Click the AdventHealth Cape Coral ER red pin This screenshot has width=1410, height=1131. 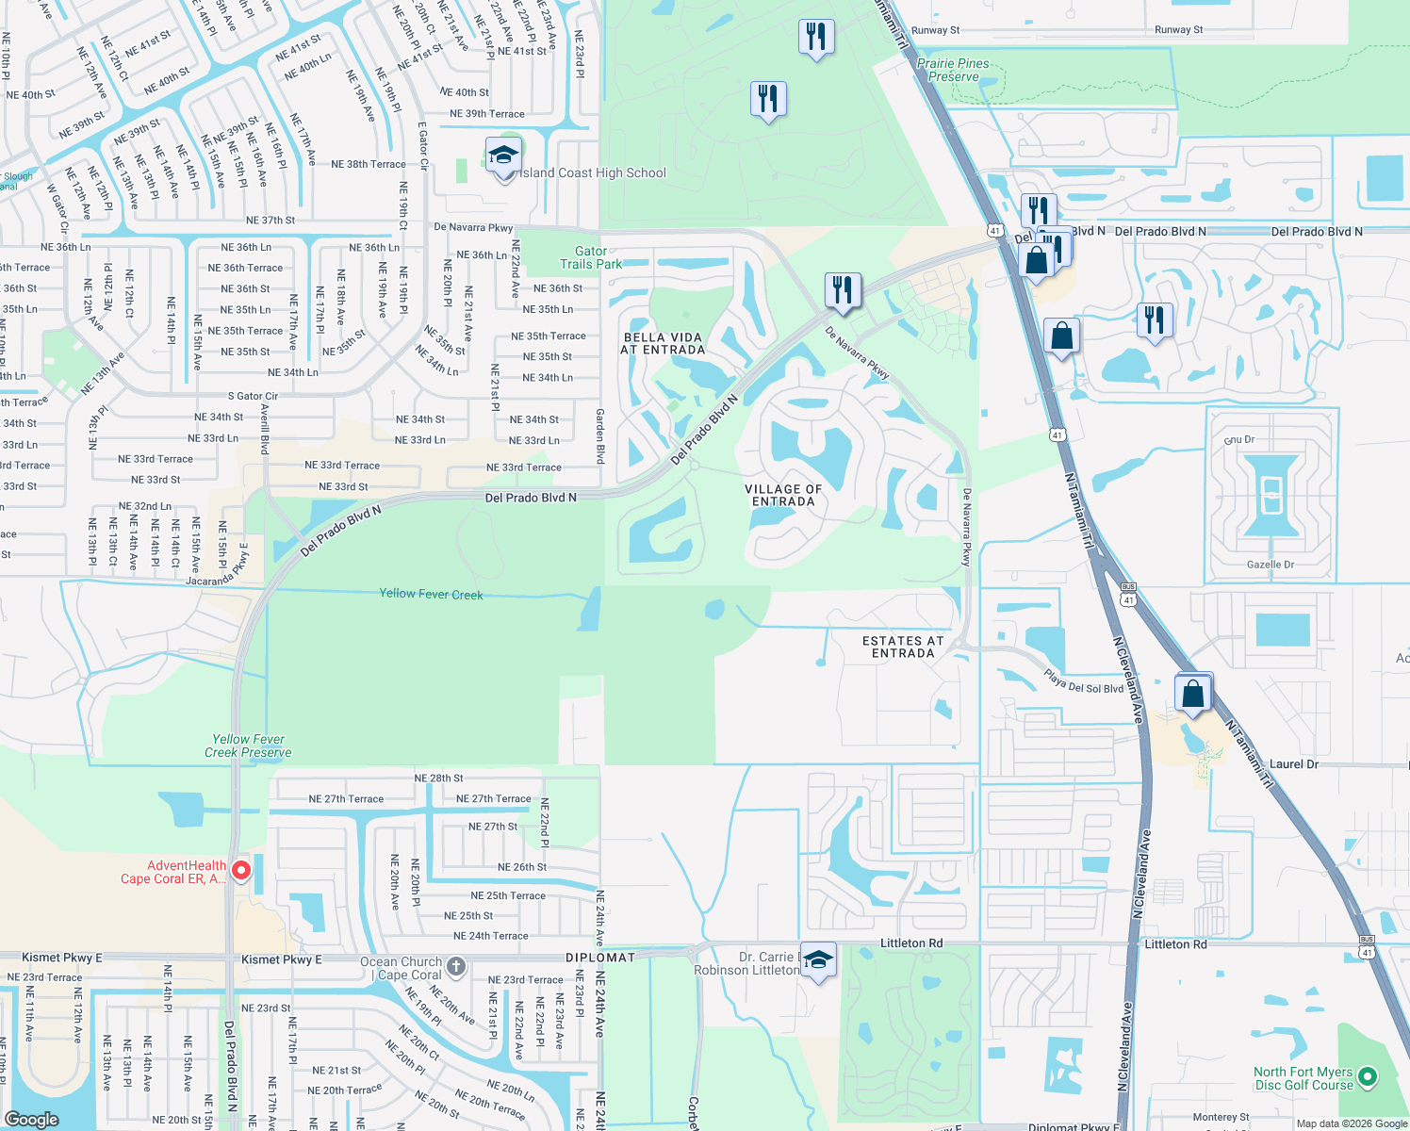[x=240, y=870]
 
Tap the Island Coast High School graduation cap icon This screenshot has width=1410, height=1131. [x=503, y=156]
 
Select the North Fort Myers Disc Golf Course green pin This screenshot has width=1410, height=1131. [x=1369, y=1075]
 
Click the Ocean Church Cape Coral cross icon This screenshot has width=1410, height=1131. [x=456, y=965]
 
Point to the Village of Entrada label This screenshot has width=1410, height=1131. [x=783, y=496]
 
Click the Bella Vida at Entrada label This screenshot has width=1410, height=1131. [x=663, y=343]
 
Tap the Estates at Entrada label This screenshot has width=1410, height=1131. [x=903, y=647]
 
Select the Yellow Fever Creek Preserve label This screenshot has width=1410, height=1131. [x=248, y=746]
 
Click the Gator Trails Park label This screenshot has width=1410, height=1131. [x=591, y=257]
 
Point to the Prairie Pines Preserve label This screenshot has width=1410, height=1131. [x=953, y=70]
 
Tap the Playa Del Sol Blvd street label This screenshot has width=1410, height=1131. [x=1083, y=681]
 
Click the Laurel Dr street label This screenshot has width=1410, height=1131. [x=1294, y=764]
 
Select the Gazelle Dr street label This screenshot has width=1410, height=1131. [x=1271, y=565]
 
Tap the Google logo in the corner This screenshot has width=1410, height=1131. [x=32, y=1119]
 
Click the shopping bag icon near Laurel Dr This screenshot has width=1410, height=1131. [x=1192, y=694]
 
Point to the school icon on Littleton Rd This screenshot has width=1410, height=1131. [x=817, y=960]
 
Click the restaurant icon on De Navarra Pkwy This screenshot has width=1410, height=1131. [x=843, y=289]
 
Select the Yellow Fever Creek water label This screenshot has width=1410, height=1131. [x=431, y=594]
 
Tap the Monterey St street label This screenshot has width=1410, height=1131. [x=1221, y=1117]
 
